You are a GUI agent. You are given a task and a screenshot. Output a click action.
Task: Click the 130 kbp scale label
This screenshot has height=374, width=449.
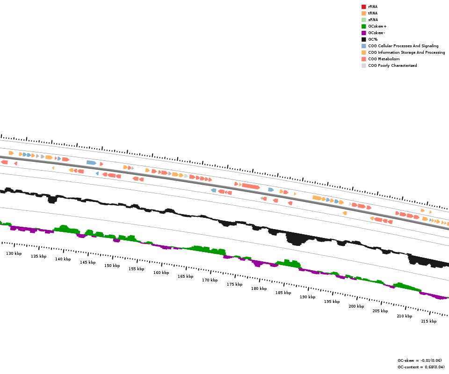pos(14,253)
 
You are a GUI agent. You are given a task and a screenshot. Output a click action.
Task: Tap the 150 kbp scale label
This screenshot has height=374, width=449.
pos(112,266)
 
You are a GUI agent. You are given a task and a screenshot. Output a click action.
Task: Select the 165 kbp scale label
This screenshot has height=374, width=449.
pos(185,276)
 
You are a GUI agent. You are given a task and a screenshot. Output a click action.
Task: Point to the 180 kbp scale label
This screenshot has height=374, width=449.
pos(259,288)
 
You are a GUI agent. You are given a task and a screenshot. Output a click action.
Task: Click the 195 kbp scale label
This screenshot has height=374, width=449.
pos(332,302)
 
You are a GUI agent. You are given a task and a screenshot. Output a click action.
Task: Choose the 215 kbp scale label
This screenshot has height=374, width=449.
pos(428,321)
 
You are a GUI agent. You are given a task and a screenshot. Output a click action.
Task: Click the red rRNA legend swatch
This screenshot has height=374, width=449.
pos(363,7)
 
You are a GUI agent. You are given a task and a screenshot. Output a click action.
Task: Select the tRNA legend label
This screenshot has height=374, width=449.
pos(373,13)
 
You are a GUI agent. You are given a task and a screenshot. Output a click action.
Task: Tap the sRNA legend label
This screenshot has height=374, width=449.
pos(373,20)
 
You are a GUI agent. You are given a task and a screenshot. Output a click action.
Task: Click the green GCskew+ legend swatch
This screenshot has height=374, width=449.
pos(363,26)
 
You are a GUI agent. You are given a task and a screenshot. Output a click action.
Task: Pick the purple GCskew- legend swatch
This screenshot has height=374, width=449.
pos(363,33)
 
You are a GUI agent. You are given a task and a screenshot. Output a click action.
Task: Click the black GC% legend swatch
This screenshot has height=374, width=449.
pos(363,39)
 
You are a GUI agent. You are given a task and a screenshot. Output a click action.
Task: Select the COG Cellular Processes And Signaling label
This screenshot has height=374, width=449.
pos(403,46)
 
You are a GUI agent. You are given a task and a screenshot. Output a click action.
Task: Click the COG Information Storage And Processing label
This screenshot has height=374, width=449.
pos(406,52)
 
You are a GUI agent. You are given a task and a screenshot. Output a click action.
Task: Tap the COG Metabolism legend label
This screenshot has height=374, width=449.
pos(384,59)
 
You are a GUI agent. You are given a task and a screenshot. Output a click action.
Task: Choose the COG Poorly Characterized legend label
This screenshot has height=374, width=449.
pos(392,65)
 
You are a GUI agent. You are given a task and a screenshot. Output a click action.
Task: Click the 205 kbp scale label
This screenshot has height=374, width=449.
pos(380,311)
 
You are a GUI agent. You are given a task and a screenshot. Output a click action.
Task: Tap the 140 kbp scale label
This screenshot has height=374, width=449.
pos(63,259)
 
